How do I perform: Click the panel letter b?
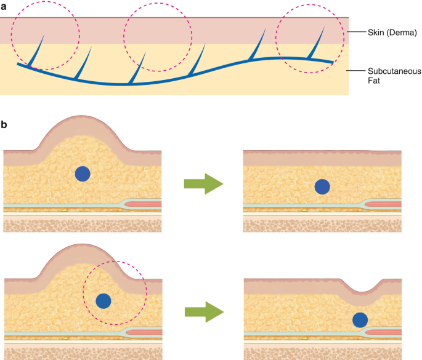pos(5,124)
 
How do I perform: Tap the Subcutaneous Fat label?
pos(389,74)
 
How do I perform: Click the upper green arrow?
pos(204,183)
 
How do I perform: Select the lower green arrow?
pos(204,312)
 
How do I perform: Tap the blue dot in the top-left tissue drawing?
pos(83,174)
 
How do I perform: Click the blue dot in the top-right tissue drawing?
pos(322,186)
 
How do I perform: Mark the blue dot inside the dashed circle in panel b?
pos(103,301)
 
